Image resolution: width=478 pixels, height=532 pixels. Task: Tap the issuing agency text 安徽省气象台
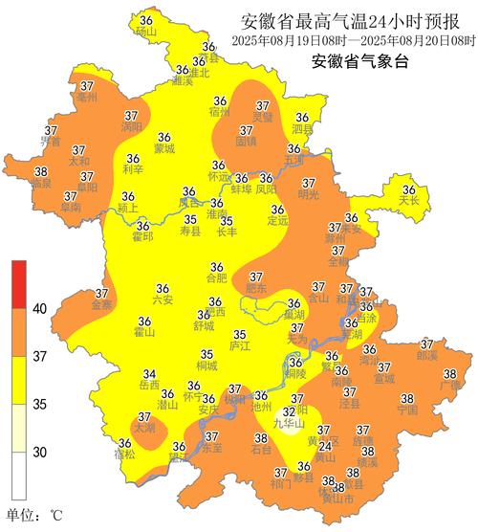[358, 63]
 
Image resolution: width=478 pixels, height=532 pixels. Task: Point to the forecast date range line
[355, 41]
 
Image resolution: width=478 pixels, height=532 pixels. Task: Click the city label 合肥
[217, 278]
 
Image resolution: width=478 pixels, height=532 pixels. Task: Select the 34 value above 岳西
[149, 374]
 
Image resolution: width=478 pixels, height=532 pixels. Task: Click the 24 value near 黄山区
[325, 446]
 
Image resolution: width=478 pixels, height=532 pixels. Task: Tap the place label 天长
[409, 202]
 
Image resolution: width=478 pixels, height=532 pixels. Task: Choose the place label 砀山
[145, 32]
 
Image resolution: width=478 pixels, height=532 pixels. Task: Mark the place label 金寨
[101, 305]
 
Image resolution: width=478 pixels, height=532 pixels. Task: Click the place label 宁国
[407, 410]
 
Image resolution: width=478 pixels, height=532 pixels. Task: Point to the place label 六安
[162, 299]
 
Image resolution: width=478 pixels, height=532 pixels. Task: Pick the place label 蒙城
[163, 149]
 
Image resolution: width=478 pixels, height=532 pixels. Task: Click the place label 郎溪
[426, 355]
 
